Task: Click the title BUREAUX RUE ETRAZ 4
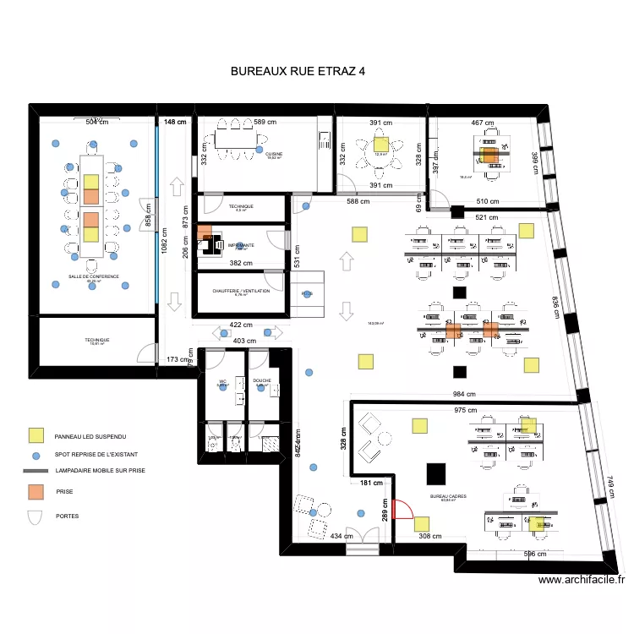coord(298,72)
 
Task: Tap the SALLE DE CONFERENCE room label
coord(94,276)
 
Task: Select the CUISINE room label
coord(275,154)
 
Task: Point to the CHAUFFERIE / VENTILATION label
coord(242,291)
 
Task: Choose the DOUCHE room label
coord(262,380)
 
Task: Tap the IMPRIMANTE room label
coord(240,244)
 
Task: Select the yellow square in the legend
coord(36,435)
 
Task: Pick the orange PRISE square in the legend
coord(36,491)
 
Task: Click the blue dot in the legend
coord(36,456)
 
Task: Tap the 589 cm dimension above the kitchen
coord(265,123)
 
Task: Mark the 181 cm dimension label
coord(372,484)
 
